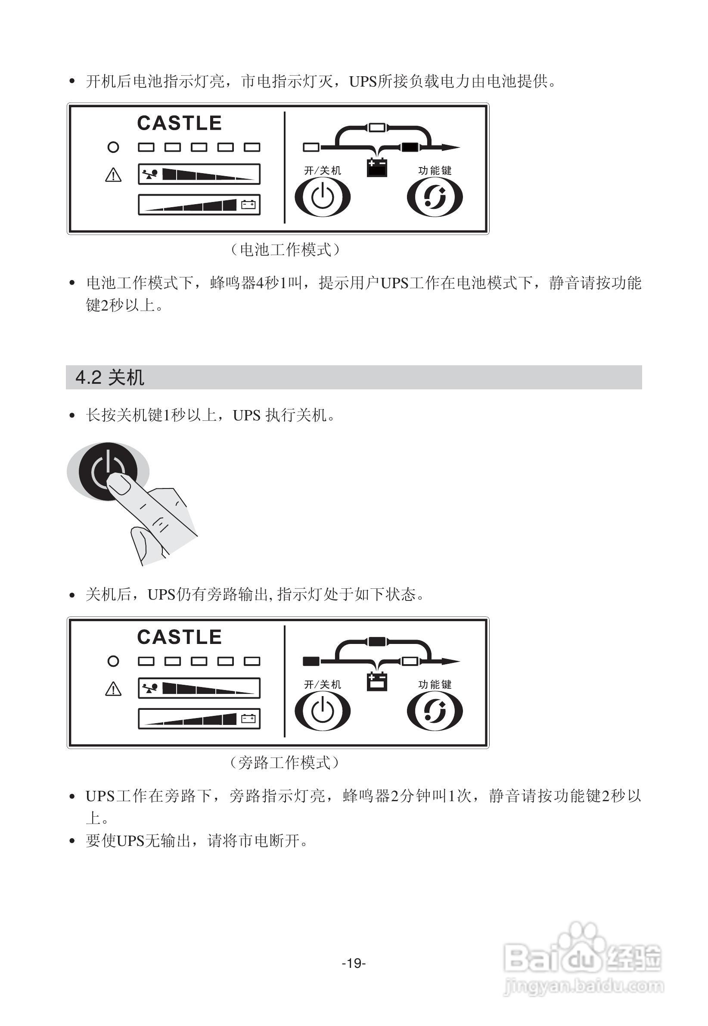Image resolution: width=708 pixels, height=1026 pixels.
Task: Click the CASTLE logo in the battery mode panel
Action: pos(179,123)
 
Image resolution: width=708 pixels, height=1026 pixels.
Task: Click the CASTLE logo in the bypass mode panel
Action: pos(179,637)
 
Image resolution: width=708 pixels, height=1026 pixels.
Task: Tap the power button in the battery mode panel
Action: pos(323,196)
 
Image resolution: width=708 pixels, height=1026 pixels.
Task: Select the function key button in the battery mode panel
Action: pos(435,196)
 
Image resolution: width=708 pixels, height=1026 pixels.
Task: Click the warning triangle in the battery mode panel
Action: pos(113,175)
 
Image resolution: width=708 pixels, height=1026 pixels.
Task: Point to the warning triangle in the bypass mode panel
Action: pos(113,689)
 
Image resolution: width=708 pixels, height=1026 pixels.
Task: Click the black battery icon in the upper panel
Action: pos(378,167)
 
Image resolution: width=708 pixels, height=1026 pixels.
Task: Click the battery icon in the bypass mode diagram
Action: pos(378,681)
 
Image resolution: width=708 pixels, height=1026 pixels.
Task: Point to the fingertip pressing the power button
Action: pos(119,484)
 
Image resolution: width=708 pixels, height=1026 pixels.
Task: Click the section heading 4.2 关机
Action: pos(110,377)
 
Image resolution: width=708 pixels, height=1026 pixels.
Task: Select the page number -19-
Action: pos(354,963)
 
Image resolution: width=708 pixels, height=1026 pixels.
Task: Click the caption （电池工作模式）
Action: pos(285,250)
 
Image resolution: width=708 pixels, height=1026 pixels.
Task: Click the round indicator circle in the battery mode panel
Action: pos(113,147)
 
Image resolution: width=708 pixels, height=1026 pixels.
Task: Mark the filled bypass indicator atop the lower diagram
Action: pos(378,641)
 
